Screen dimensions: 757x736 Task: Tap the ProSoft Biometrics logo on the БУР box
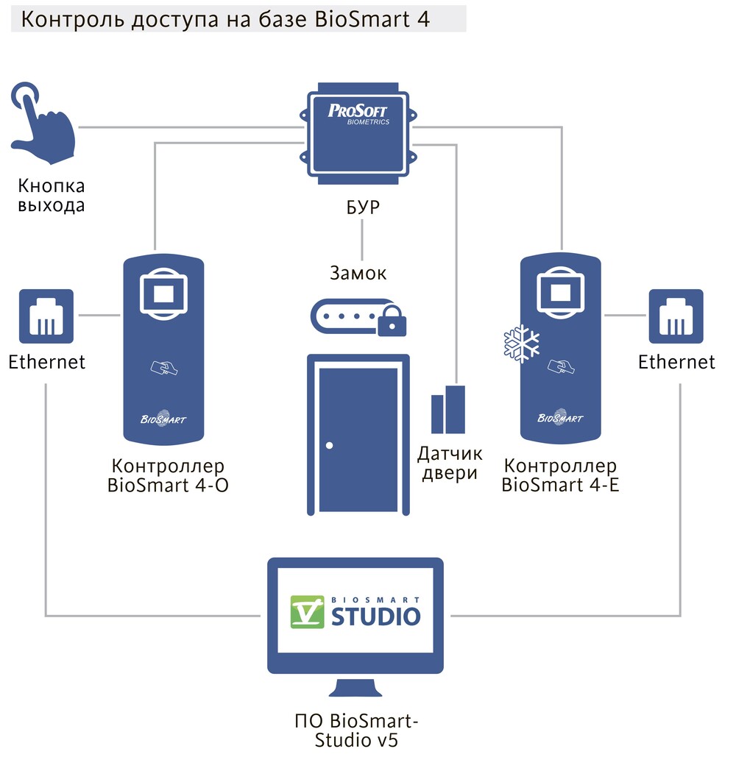[358, 115]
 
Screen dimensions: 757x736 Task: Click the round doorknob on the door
[329, 446]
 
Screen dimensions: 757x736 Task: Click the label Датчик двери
[448, 463]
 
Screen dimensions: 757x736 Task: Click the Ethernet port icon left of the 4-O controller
[46, 316]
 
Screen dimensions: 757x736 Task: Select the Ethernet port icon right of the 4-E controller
[676, 316]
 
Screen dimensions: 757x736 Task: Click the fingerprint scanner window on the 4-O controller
[163, 294]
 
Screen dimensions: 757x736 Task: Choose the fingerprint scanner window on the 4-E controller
[561, 294]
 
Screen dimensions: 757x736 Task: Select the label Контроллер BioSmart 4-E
[560, 475]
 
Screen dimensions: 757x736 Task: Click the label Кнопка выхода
[52, 196]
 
